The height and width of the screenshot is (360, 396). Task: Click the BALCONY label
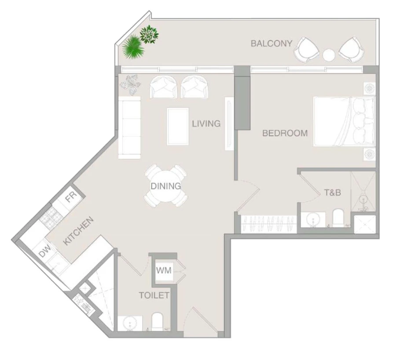271,44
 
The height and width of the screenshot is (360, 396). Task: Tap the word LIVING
206,124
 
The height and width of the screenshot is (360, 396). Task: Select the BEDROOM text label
285,133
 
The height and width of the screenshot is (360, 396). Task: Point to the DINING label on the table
165,186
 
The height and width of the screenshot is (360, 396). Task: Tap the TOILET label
154,295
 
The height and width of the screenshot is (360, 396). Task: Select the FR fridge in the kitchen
71,198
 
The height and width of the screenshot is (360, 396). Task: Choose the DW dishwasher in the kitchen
45,252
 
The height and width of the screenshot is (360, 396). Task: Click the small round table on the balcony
329,55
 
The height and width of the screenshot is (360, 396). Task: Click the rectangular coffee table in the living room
178,126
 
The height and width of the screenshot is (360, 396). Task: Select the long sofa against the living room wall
129,128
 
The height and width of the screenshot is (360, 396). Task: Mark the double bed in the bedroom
343,121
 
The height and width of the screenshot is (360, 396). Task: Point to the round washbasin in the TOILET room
130,324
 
